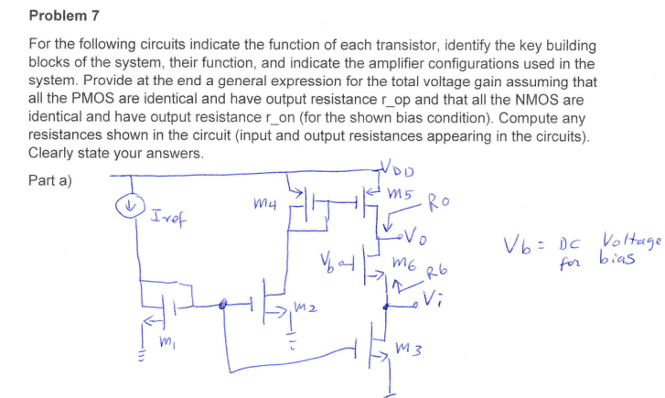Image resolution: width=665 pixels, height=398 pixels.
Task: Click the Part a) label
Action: (x=51, y=180)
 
